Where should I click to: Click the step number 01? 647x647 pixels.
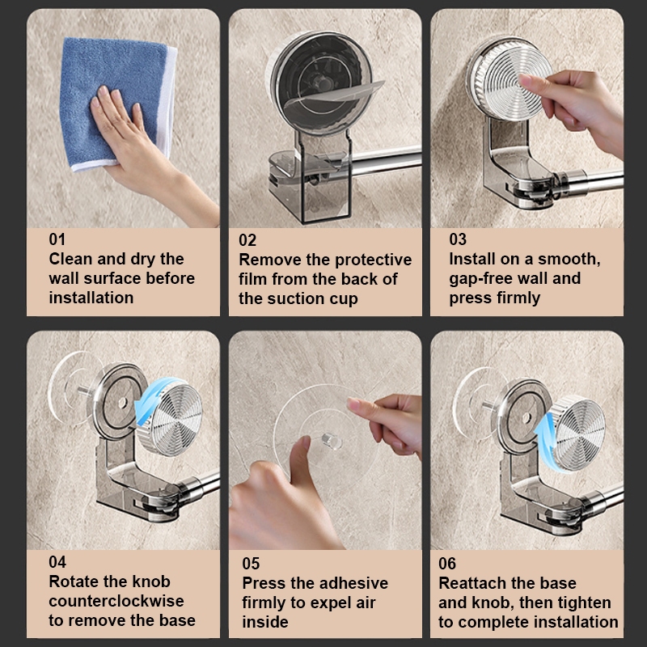[x=57, y=239]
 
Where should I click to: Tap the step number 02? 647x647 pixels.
[x=247, y=240]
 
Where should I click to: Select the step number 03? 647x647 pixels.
[x=458, y=239]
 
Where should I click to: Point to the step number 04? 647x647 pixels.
[x=57, y=562]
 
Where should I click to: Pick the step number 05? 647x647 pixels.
[x=251, y=564]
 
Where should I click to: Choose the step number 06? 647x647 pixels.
[x=447, y=564]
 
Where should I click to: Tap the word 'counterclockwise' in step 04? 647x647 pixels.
[x=116, y=601]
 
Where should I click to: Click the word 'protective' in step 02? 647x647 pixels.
[x=374, y=260]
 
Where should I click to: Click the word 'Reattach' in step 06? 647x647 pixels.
[x=472, y=583]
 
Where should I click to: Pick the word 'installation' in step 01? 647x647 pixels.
[x=91, y=298]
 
